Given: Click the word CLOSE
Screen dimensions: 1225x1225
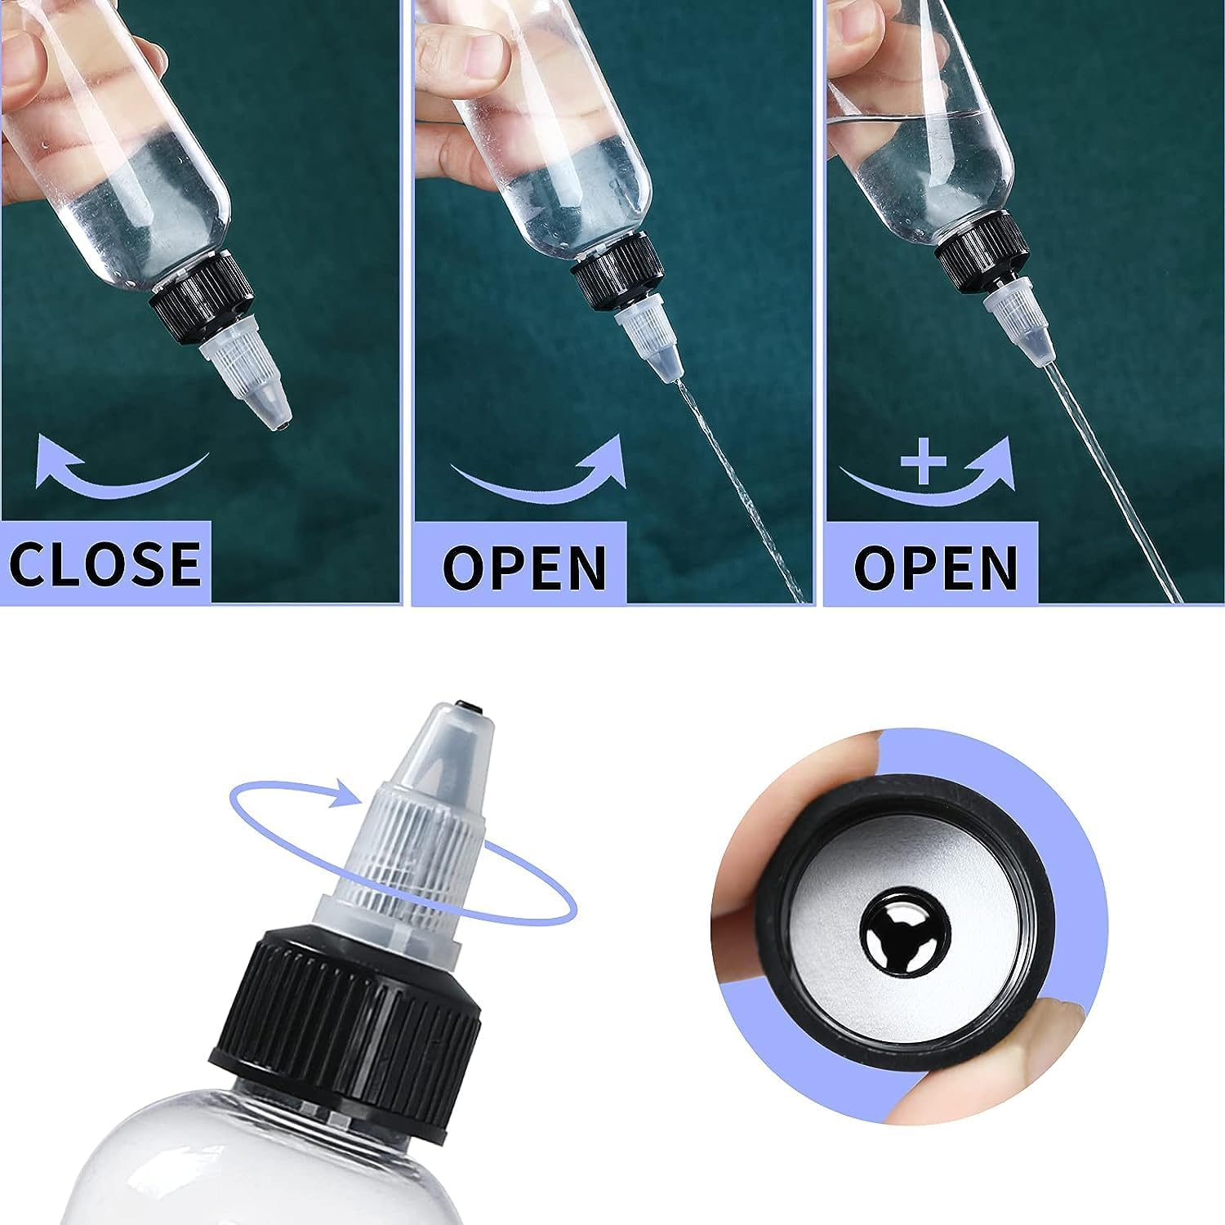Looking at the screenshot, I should (x=105, y=562).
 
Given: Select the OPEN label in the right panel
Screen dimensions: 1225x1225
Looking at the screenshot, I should (x=936, y=565).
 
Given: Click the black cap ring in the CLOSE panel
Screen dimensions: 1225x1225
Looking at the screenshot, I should (x=196, y=286).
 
